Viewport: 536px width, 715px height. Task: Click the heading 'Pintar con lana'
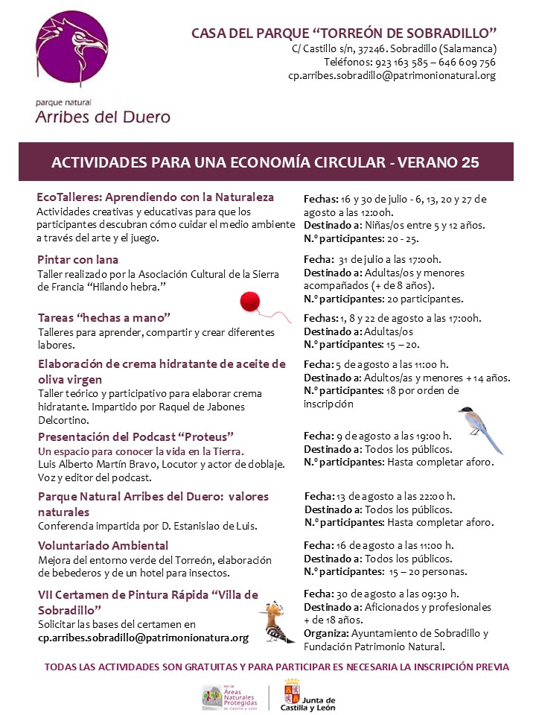(x=78, y=260)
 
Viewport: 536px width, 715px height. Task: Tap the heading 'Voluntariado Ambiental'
(x=103, y=545)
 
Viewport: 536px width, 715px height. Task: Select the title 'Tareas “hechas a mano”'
(x=104, y=317)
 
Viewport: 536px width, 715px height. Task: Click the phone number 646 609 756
(x=466, y=62)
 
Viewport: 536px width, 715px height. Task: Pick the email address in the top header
(x=392, y=75)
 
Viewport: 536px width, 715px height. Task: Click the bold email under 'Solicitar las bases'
(x=144, y=638)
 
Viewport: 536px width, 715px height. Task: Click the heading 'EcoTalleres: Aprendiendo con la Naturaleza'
(x=156, y=197)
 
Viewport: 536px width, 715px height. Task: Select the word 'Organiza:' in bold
(x=327, y=633)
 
